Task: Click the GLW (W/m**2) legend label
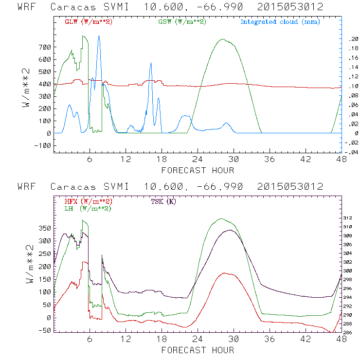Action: (89, 22)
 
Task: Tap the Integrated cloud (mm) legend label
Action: (281, 22)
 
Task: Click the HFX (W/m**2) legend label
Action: (89, 201)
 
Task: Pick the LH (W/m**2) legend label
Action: (88, 208)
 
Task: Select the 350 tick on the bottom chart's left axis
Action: (45, 228)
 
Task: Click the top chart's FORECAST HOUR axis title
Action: (198, 170)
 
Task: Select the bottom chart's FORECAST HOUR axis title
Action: (198, 350)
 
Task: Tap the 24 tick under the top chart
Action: (197, 159)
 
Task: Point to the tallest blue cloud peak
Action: (99, 36)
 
